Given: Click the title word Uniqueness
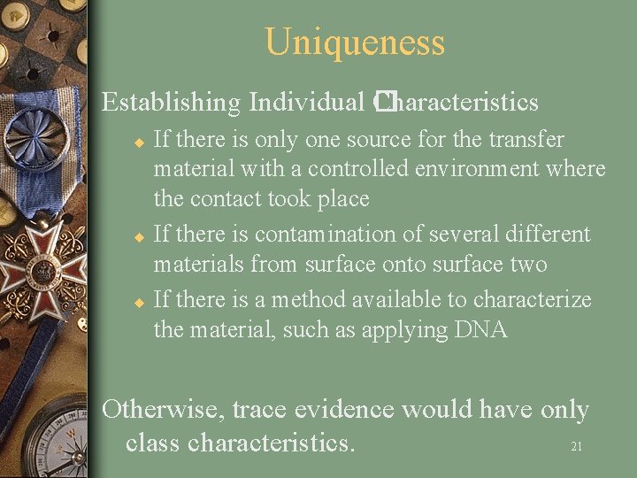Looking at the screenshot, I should (x=354, y=42).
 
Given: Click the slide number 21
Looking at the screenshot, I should (x=576, y=447).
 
